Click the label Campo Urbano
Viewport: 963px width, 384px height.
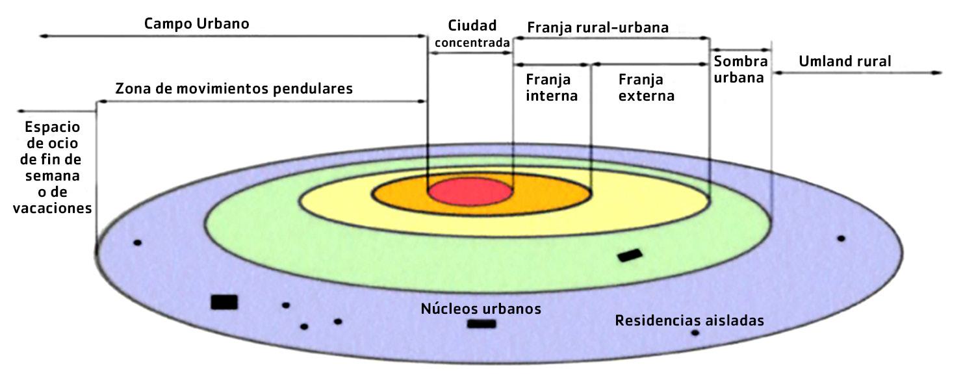pos(196,24)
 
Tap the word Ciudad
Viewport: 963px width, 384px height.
pos(472,26)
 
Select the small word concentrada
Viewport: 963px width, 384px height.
pos(472,44)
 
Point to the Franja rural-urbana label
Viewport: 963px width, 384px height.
pos(598,28)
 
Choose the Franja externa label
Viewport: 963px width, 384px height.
pos(646,88)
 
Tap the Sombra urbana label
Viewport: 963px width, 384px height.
pos(741,68)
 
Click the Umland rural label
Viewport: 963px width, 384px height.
pos(845,62)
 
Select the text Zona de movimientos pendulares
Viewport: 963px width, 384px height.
pos(234,88)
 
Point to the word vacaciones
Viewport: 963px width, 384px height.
pos(57,208)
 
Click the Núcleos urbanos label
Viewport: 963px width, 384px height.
pos(481,309)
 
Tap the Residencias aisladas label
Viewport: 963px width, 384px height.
pos(689,320)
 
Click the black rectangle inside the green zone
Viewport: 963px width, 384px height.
pos(629,255)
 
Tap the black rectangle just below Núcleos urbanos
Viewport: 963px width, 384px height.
pos(481,324)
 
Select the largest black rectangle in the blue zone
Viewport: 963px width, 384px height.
pos(224,302)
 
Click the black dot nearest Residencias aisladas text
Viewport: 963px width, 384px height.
pos(695,333)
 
